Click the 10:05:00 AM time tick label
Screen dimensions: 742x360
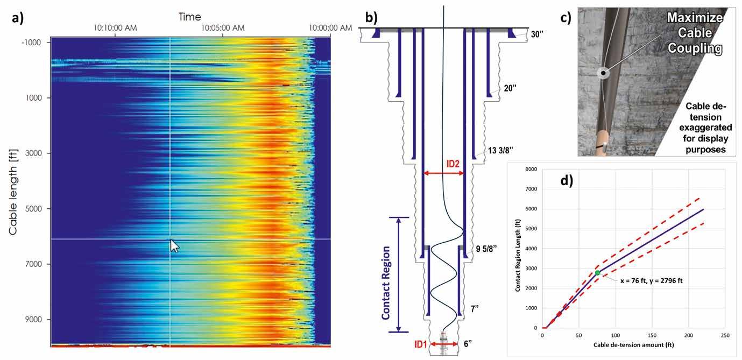pyautogui.click(x=223, y=28)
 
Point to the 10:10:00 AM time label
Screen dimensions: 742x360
pyautogui.click(x=115, y=28)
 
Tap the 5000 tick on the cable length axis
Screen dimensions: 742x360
pyautogui.click(x=33, y=209)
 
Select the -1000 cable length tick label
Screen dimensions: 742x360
pyautogui.click(x=31, y=43)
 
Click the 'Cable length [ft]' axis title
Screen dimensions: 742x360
pyautogui.click(x=13, y=192)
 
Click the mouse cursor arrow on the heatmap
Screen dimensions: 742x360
pyautogui.click(x=174, y=246)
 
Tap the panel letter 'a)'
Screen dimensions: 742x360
pyautogui.click(x=18, y=18)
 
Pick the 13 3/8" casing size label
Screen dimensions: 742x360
pyautogui.click(x=500, y=151)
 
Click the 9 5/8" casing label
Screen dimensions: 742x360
pyautogui.click(x=486, y=249)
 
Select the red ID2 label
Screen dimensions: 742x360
pyautogui.click(x=453, y=164)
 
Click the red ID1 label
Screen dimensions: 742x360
pyautogui.click(x=420, y=344)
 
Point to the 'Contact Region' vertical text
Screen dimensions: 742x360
pyautogui.click(x=386, y=283)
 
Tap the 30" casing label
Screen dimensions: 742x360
pyautogui.click(x=536, y=34)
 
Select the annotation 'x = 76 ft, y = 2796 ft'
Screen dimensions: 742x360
pyautogui.click(x=651, y=281)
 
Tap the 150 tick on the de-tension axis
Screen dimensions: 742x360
pyautogui.click(x=652, y=335)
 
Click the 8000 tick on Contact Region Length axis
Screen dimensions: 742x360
pyautogui.click(x=531, y=169)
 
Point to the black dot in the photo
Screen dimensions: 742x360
pyautogui.click(x=604, y=73)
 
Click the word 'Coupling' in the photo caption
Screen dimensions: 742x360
pyautogui.click(x=695, y=48)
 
